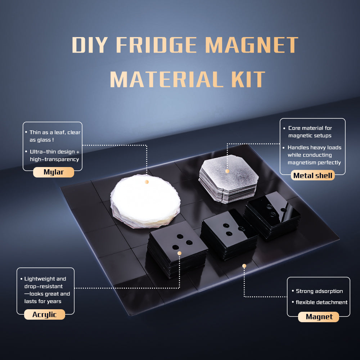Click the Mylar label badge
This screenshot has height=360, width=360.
click(x=54, y=172)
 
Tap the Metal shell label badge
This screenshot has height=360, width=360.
click(x=312, y=175)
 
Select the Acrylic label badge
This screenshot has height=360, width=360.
click(x=45, y=315)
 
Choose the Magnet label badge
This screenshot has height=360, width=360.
click(x=319, y=317)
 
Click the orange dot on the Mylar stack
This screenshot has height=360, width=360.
click(x=147, y=182)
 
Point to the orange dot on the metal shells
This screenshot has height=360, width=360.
click(x=227, y=171)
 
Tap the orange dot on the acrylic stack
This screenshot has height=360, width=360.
click(x=179, y=253)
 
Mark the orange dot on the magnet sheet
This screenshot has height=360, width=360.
click(x=244, y=266)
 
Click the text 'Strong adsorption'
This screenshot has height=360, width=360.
click(x=319, y=291)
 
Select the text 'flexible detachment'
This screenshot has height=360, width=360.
click(x=321, y=302)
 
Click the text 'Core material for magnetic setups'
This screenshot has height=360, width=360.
click(x=310, y=132)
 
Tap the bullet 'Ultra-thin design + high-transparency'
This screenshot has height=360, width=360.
click(x=54, y=156)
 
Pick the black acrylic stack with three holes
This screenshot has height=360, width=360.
click(x=177, y=248)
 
